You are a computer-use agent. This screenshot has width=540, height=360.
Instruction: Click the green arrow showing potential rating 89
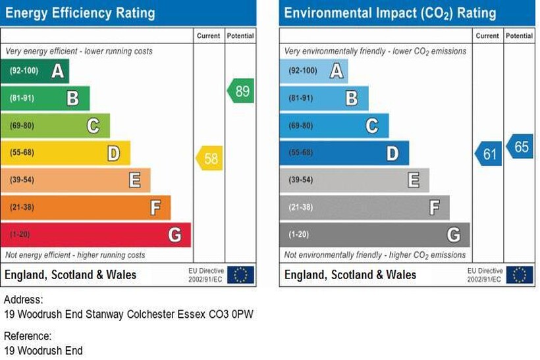click(241, 91)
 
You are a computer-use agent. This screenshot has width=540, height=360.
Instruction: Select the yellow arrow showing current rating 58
click(210, 159)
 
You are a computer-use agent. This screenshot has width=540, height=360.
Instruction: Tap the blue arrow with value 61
click(489, 154)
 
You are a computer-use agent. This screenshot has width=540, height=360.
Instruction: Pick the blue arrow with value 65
click(520, 146)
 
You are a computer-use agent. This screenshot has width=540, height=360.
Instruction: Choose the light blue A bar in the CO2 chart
click(314, 71)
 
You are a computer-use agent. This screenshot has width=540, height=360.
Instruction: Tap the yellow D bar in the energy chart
click(65, 153)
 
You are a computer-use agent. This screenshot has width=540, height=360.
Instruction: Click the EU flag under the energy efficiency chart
click(242, 274)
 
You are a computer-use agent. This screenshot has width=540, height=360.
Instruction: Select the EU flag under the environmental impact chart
click(521, 274)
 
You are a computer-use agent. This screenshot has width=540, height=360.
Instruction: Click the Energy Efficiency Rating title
click(81, 13)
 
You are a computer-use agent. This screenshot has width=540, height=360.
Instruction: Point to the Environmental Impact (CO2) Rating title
click(390, 13)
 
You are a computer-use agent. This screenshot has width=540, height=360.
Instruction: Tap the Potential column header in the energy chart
click(240, 36)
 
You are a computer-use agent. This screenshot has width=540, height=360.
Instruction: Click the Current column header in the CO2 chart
click(488, 36)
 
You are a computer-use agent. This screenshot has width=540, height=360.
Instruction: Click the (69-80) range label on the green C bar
click(23, 126)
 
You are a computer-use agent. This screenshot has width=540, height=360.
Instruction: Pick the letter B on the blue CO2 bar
click(352, 99)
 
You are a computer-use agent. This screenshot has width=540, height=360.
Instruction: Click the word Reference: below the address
click(28, 336)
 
